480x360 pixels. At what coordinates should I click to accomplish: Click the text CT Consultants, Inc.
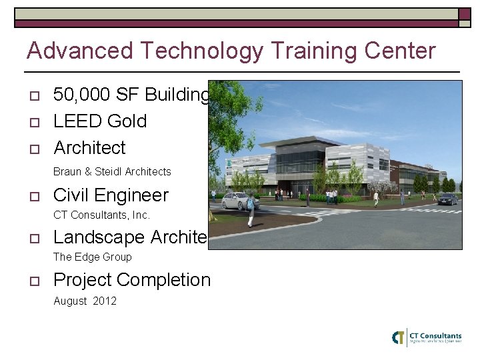click(x=101, y=215)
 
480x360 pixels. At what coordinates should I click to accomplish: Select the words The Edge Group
click(x=92, y=257)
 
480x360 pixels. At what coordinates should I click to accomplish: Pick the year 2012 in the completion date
click(x=105, y=301)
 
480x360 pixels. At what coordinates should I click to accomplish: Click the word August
click(x=70, y=301)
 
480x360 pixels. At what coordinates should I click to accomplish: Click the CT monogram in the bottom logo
click(x=399, y=337)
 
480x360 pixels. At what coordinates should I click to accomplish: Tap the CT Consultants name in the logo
click(x=435, y=336)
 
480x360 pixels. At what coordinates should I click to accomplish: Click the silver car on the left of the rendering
click(x=240, y=200)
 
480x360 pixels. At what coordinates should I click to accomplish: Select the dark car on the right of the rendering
click(x=448, y=199)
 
